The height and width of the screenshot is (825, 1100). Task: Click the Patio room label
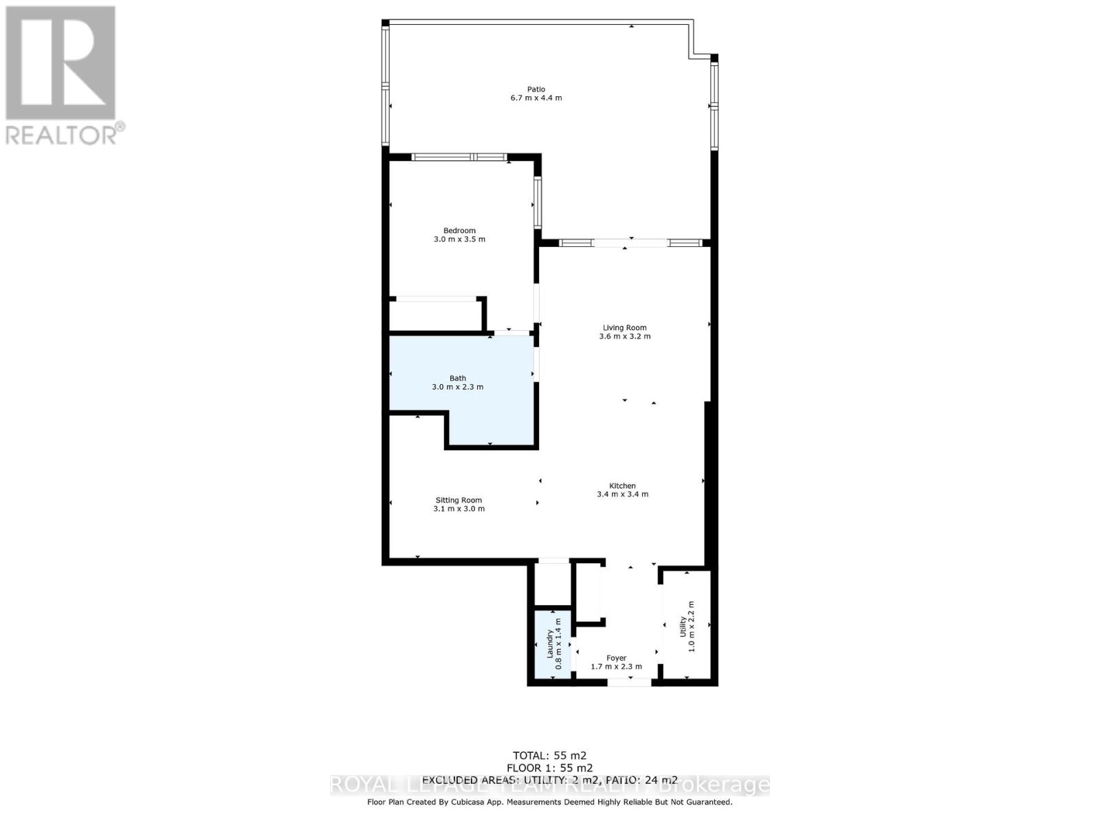pyautogui.click(x=536, y=89)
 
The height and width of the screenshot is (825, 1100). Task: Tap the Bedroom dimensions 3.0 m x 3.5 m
pyautogui.click(x=459, y=240)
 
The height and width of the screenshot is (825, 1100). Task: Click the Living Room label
pyautogui.click(x=624, y=328)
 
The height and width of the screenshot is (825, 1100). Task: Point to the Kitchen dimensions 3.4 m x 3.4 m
pyautogui.click(x=622, y=494)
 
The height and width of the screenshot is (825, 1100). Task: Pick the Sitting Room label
pyautogui.click(x=459, y=500)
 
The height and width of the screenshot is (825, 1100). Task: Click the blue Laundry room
pyautogui.click(x=552, y=645)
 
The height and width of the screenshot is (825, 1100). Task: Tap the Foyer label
pyautogui.click(x=616, y=658)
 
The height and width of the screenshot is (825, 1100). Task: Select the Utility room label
pyautogui.click(x=683, y=626)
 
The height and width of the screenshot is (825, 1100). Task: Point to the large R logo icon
pyautogui.click(x=60, y=63)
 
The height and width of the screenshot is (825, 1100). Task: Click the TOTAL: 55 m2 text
pyautogui.click(x=549, y=756)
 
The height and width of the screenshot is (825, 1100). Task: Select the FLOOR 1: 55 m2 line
pyautogui.click(x=549, y=768)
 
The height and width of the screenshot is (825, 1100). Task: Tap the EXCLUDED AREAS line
pyautogui.click(x=549, y=780)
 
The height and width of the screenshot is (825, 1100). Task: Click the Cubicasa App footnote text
pyautogui.click(x=549, y=802)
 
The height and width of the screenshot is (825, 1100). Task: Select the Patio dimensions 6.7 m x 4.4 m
pyautogui.click(x=536, y=98)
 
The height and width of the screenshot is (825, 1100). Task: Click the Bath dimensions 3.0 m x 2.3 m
pyautogui.click(x=457, y=387)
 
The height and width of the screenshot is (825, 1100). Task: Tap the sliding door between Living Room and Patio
pyautogui.click(x=630, y=243)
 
